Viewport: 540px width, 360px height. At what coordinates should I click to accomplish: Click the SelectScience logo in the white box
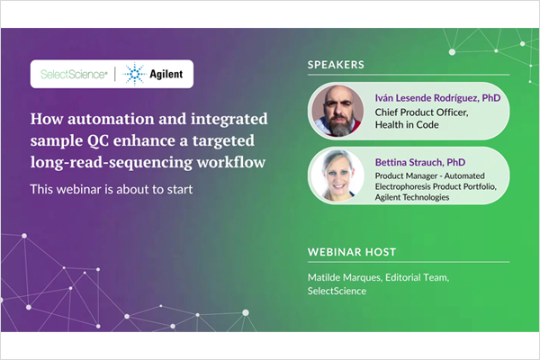click(74, 74)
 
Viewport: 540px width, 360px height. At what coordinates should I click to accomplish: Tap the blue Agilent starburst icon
click(135, 74)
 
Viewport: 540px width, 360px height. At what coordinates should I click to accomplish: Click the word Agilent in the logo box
click(166, 74)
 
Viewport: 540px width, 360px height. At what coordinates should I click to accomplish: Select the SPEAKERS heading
click(336, 65)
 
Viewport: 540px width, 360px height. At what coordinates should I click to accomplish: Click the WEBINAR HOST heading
click(352, 252)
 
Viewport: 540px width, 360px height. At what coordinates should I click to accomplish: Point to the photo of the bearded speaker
click(337, 111)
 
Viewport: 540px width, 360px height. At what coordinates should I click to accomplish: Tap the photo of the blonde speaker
click(337, 175)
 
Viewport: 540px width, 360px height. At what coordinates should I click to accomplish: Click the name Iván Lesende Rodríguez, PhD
click(437, 98)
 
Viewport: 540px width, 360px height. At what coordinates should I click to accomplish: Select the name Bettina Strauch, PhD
click(420, 162)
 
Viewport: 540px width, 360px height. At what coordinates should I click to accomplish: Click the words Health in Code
click(407, 125)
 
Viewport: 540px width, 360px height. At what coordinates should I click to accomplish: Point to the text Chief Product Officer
click(421, 112)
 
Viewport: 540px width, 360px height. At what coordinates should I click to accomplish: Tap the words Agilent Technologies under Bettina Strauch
click(412, 197)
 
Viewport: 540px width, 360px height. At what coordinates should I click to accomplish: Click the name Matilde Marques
click(344, 277)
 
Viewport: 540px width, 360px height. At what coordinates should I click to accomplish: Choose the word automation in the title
click(111, 119)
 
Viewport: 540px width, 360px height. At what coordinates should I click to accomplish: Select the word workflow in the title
click(231, 162)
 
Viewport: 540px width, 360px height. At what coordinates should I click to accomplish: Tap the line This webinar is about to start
click(112, 189)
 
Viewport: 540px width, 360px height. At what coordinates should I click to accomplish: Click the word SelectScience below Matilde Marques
click(337, 291)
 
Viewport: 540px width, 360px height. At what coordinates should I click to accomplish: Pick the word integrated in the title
click(229, 120)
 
